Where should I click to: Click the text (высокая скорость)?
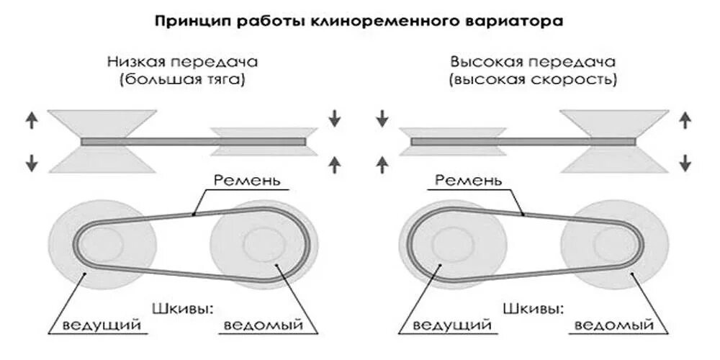[533, 80]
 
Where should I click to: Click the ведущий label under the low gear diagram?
[102, 325]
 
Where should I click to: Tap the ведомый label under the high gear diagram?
[614, 325]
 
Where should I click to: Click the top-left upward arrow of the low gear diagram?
[31, 120]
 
